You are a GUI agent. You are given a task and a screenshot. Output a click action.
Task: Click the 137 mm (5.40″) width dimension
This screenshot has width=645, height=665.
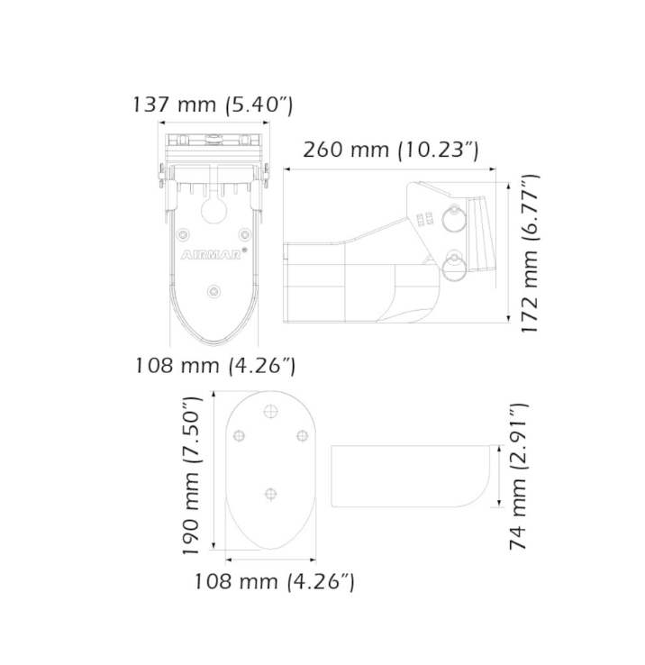[213, 105]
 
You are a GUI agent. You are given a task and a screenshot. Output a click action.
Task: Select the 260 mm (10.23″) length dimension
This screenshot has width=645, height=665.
[390, 149]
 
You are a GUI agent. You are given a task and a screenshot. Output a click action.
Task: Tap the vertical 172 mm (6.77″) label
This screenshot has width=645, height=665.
[531, 255]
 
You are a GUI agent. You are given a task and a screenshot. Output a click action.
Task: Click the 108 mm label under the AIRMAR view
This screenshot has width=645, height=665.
[214, 366]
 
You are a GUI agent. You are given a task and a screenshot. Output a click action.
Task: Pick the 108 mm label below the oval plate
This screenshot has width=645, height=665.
[274, 581]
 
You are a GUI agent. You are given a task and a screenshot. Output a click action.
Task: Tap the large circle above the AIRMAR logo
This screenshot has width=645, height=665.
[213, 210]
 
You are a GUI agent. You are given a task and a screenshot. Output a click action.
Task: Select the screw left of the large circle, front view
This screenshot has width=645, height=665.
[183, 234]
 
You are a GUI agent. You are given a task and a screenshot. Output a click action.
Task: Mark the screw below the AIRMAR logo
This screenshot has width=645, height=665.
[213, 290]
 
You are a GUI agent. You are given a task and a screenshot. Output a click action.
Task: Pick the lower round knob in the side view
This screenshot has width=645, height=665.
[453, 264]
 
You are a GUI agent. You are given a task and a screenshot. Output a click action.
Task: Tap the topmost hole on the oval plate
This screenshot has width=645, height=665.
[270, 411]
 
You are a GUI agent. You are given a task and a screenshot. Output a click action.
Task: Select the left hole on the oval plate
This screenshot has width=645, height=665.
[239, 436]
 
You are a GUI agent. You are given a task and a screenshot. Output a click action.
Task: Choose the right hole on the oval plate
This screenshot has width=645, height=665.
[303, 436]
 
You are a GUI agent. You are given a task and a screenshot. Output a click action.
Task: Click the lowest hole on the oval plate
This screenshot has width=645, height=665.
[270, 493]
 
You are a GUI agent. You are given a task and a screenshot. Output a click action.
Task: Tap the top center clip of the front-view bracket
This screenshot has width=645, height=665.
[213, 140]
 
